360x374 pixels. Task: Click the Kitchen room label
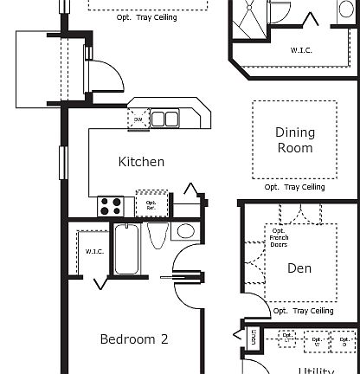(141, 162)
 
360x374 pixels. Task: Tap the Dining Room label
(294, 140)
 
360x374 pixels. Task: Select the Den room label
(299, 269)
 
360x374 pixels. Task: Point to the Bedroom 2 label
(133, 339)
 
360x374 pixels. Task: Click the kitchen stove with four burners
(111, 206)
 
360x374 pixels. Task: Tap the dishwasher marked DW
(138, 119)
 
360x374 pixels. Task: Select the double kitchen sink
(166, 119)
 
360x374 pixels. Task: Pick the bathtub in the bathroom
(126, 248)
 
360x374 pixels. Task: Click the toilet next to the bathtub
(157, 235)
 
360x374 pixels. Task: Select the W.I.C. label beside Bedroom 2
(94, 252)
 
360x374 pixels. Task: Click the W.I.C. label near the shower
(301, 50)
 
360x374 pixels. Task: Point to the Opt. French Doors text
(279, 237)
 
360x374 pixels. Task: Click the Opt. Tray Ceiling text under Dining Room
(294, 187)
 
